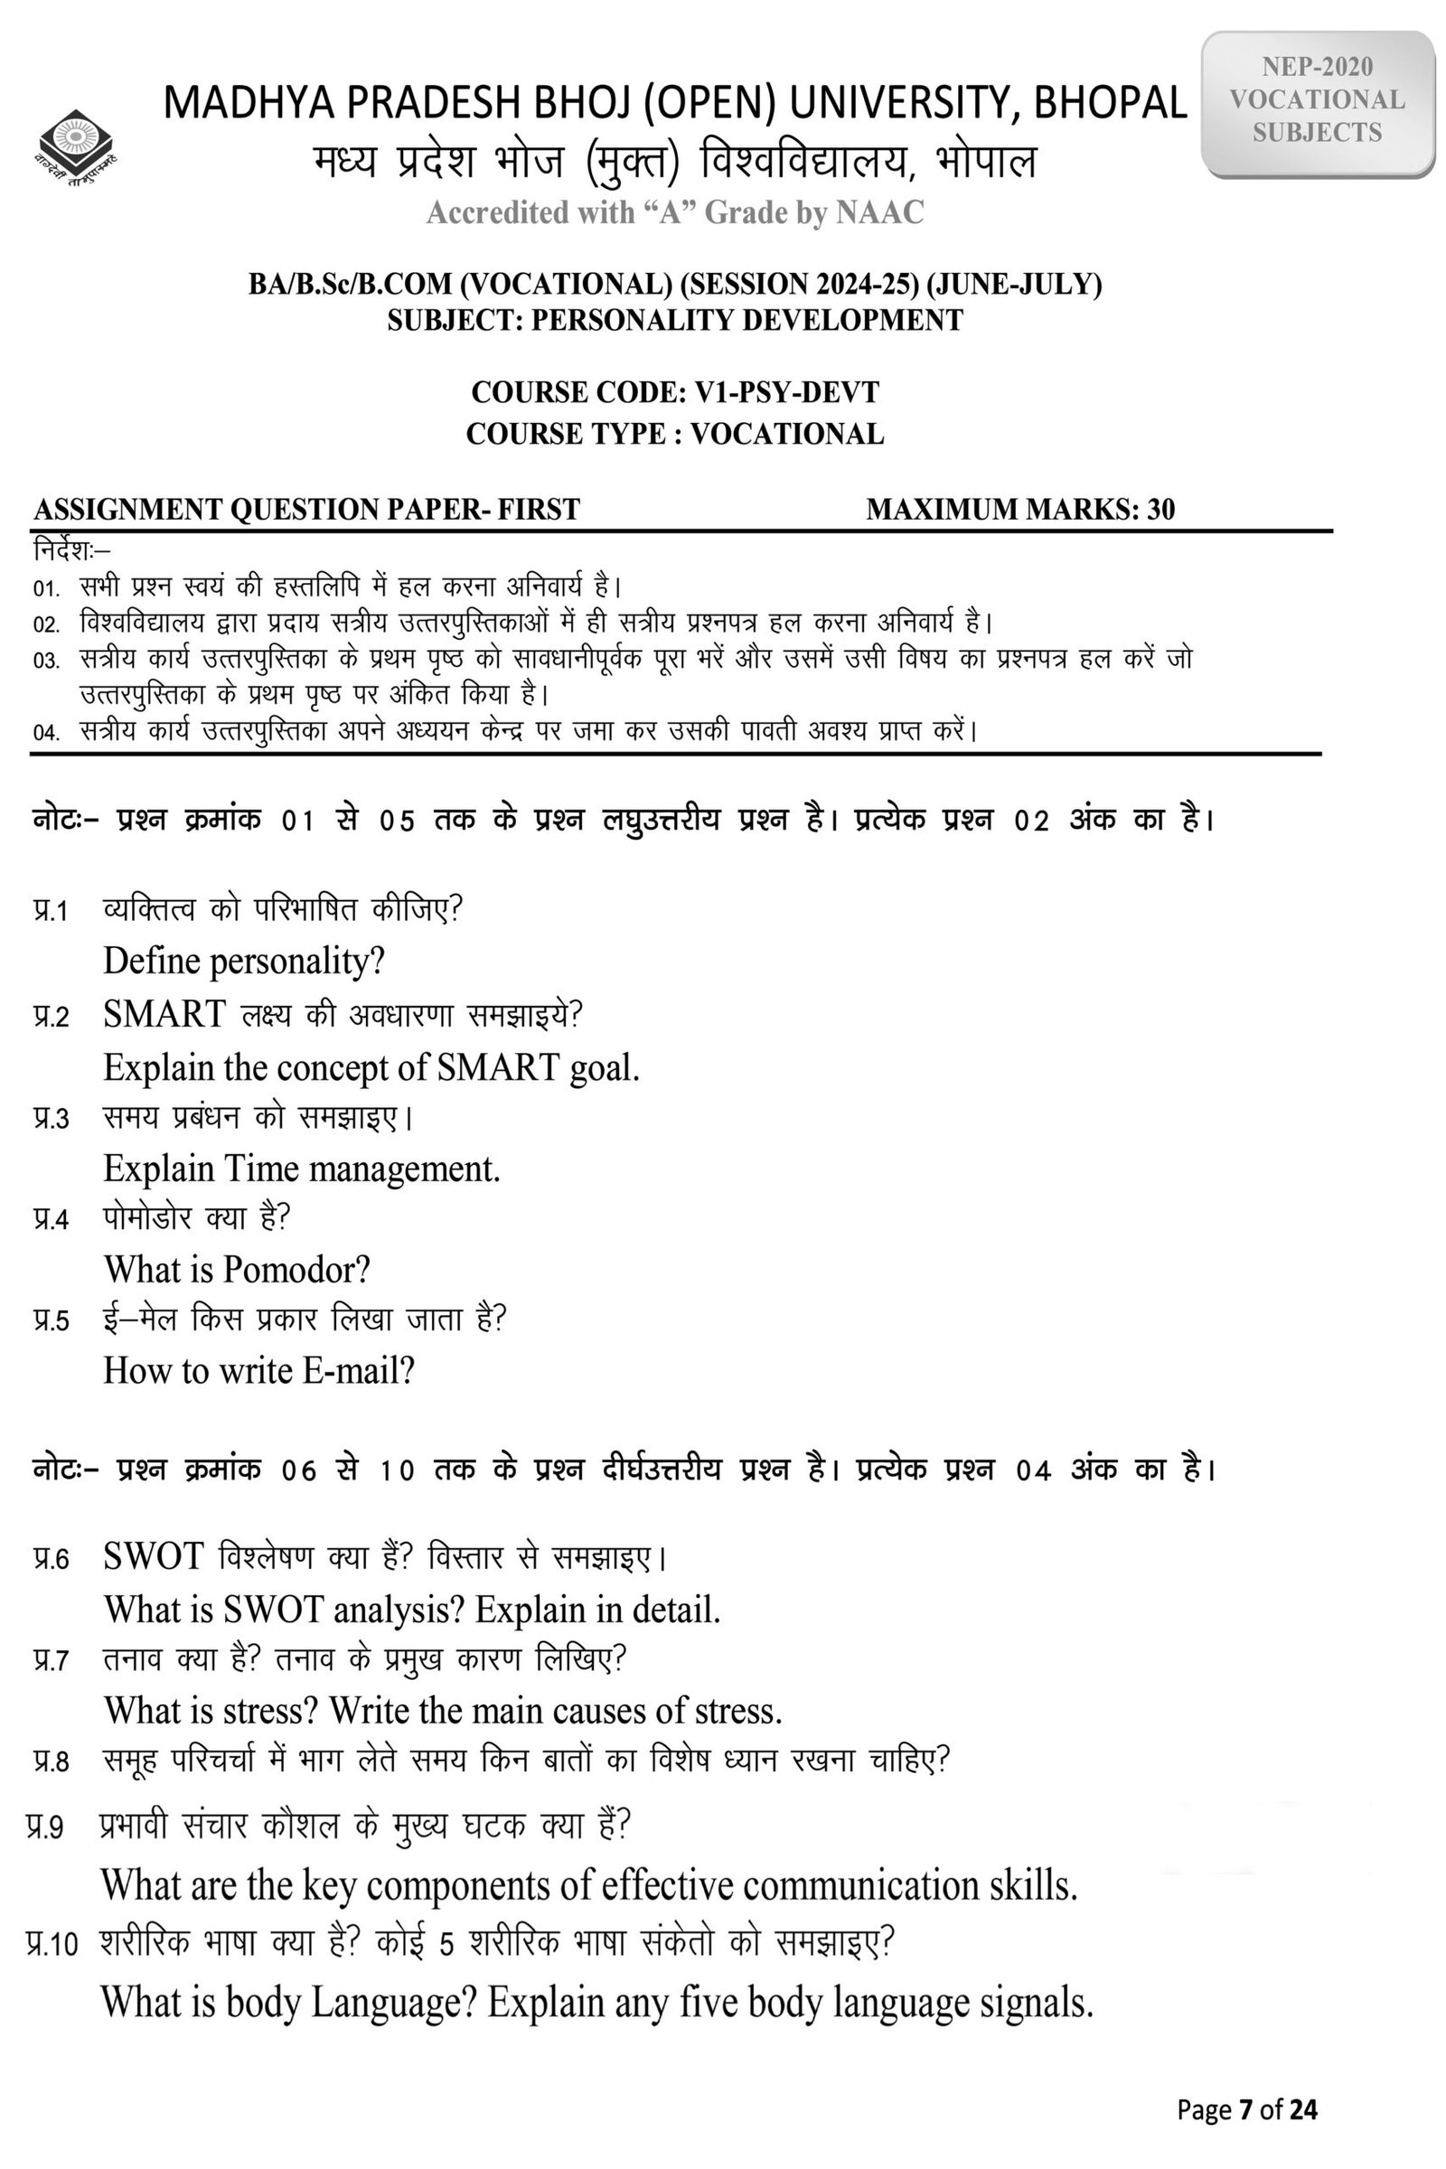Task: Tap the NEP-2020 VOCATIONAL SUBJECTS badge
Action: [x=1317, y=99]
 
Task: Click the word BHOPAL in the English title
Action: [x=1111, y=102]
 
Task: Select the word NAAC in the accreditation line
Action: [x=878, y=213]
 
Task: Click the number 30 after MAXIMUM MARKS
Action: [x=1161, y=509]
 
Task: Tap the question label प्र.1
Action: [x=51, y=911]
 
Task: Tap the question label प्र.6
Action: [x=51, y=1558]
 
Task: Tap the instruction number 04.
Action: [x=46, y=733]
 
